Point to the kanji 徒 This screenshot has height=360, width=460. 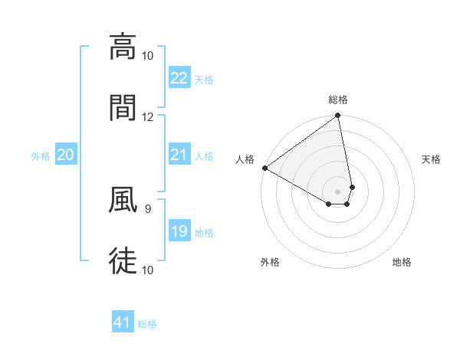[123, 259]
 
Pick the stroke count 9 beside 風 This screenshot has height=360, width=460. [147, 207]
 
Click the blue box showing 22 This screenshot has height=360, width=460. [179, 78]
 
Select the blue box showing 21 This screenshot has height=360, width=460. [179, 155]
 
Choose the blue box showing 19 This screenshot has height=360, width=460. [179, 231]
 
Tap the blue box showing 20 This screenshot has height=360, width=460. [66, 155]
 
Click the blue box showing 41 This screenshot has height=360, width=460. [123, 322]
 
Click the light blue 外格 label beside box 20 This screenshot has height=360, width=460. [41, 155]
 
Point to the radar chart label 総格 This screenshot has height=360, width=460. [338, 100]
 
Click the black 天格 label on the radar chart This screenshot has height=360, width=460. [432, 159]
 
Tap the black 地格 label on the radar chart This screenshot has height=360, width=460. [402, 262]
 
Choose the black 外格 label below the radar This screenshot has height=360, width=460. [270, 262]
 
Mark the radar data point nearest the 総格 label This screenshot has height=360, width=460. [338, 116]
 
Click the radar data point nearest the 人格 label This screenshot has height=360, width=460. [264, 168]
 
